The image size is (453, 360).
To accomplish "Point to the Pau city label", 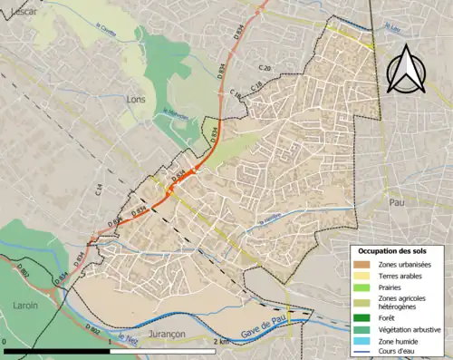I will (x=394, y=203).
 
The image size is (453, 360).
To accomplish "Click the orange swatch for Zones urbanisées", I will (x=362, y=264).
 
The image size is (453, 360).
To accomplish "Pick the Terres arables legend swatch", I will (x=362, y=275).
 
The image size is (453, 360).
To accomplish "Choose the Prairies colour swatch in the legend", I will (x=362, y=286).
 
